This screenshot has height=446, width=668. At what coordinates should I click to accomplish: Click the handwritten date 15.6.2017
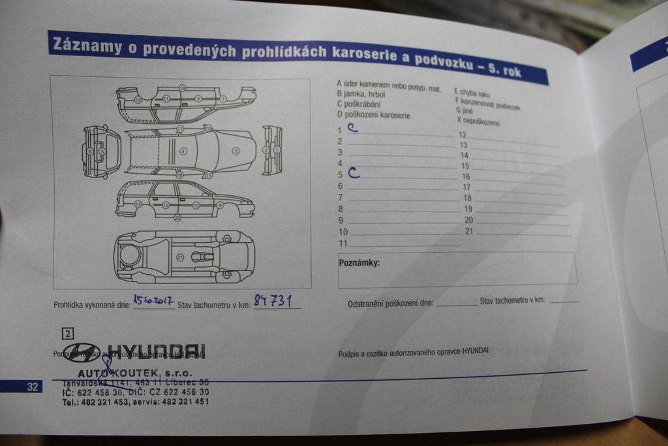pyautogui.click(x=153, y=300)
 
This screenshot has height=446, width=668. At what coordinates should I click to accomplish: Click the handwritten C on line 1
pyautogui.click(x=352, y=128)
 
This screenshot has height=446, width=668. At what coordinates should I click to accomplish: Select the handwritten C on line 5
pyautogui.click(x=354, y=173)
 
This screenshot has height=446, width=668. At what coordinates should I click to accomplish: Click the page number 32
pyautogui.click(x=32, y=387)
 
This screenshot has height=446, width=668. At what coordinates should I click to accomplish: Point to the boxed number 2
pyautogui.click(x=68, y=333)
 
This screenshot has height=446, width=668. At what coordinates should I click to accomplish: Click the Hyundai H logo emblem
pyautogui.click(x=82, y=353)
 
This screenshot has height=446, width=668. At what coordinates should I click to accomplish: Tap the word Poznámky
pyautogui.click(x=359, y=263)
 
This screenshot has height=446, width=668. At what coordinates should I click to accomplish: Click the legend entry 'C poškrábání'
pyautogui.click(x=359, y=104)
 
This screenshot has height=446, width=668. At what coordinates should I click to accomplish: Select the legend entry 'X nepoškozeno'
pyautogui.click(x=478, y=121)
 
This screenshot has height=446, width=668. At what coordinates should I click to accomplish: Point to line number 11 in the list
pyautogui.click(x=343, y=244)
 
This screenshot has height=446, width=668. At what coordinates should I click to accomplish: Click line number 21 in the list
pyautogui.click(x=469, y=231)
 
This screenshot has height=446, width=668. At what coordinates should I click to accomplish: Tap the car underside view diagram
pyautogui.click(x=184, y=257)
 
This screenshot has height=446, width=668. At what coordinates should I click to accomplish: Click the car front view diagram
pyautogui.click(x=101, y=151)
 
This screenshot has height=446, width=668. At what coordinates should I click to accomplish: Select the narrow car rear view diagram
pyautogui.click(x=272, y=150)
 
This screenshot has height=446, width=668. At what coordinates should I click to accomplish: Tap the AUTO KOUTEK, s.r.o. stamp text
pyautogui.click(x=134, y=372)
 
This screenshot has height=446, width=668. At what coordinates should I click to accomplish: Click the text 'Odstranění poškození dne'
pyautogui.click(x=390, y=303)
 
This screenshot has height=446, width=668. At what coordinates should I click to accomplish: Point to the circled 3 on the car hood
pyautogui.click(x=235, y=151)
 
